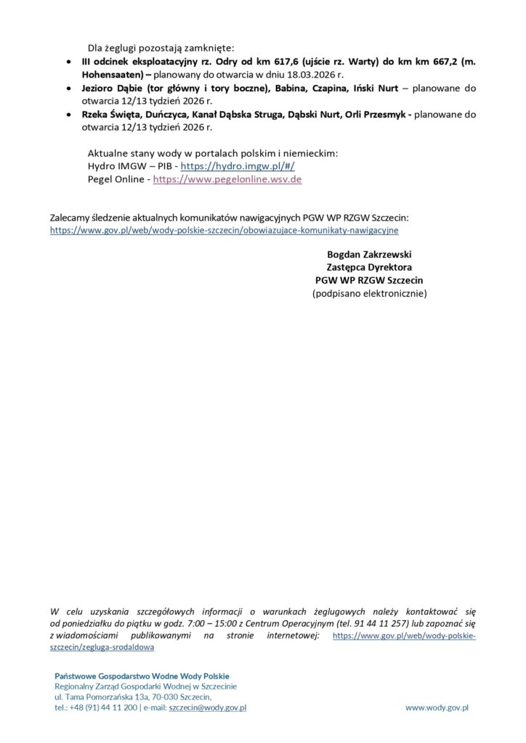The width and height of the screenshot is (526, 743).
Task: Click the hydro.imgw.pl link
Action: click(238, 165)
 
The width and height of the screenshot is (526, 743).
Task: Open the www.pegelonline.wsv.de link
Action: click(227, 178)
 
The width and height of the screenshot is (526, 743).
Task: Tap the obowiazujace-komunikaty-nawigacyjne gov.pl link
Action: click(224, 230)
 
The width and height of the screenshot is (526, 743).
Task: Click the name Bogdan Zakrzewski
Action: click(369, 254)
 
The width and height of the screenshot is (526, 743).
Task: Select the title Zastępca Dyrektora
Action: click(369, 267)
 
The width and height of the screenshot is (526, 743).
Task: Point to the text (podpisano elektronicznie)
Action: click(369, 293)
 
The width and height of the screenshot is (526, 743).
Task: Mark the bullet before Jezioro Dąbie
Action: click(68, 89)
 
